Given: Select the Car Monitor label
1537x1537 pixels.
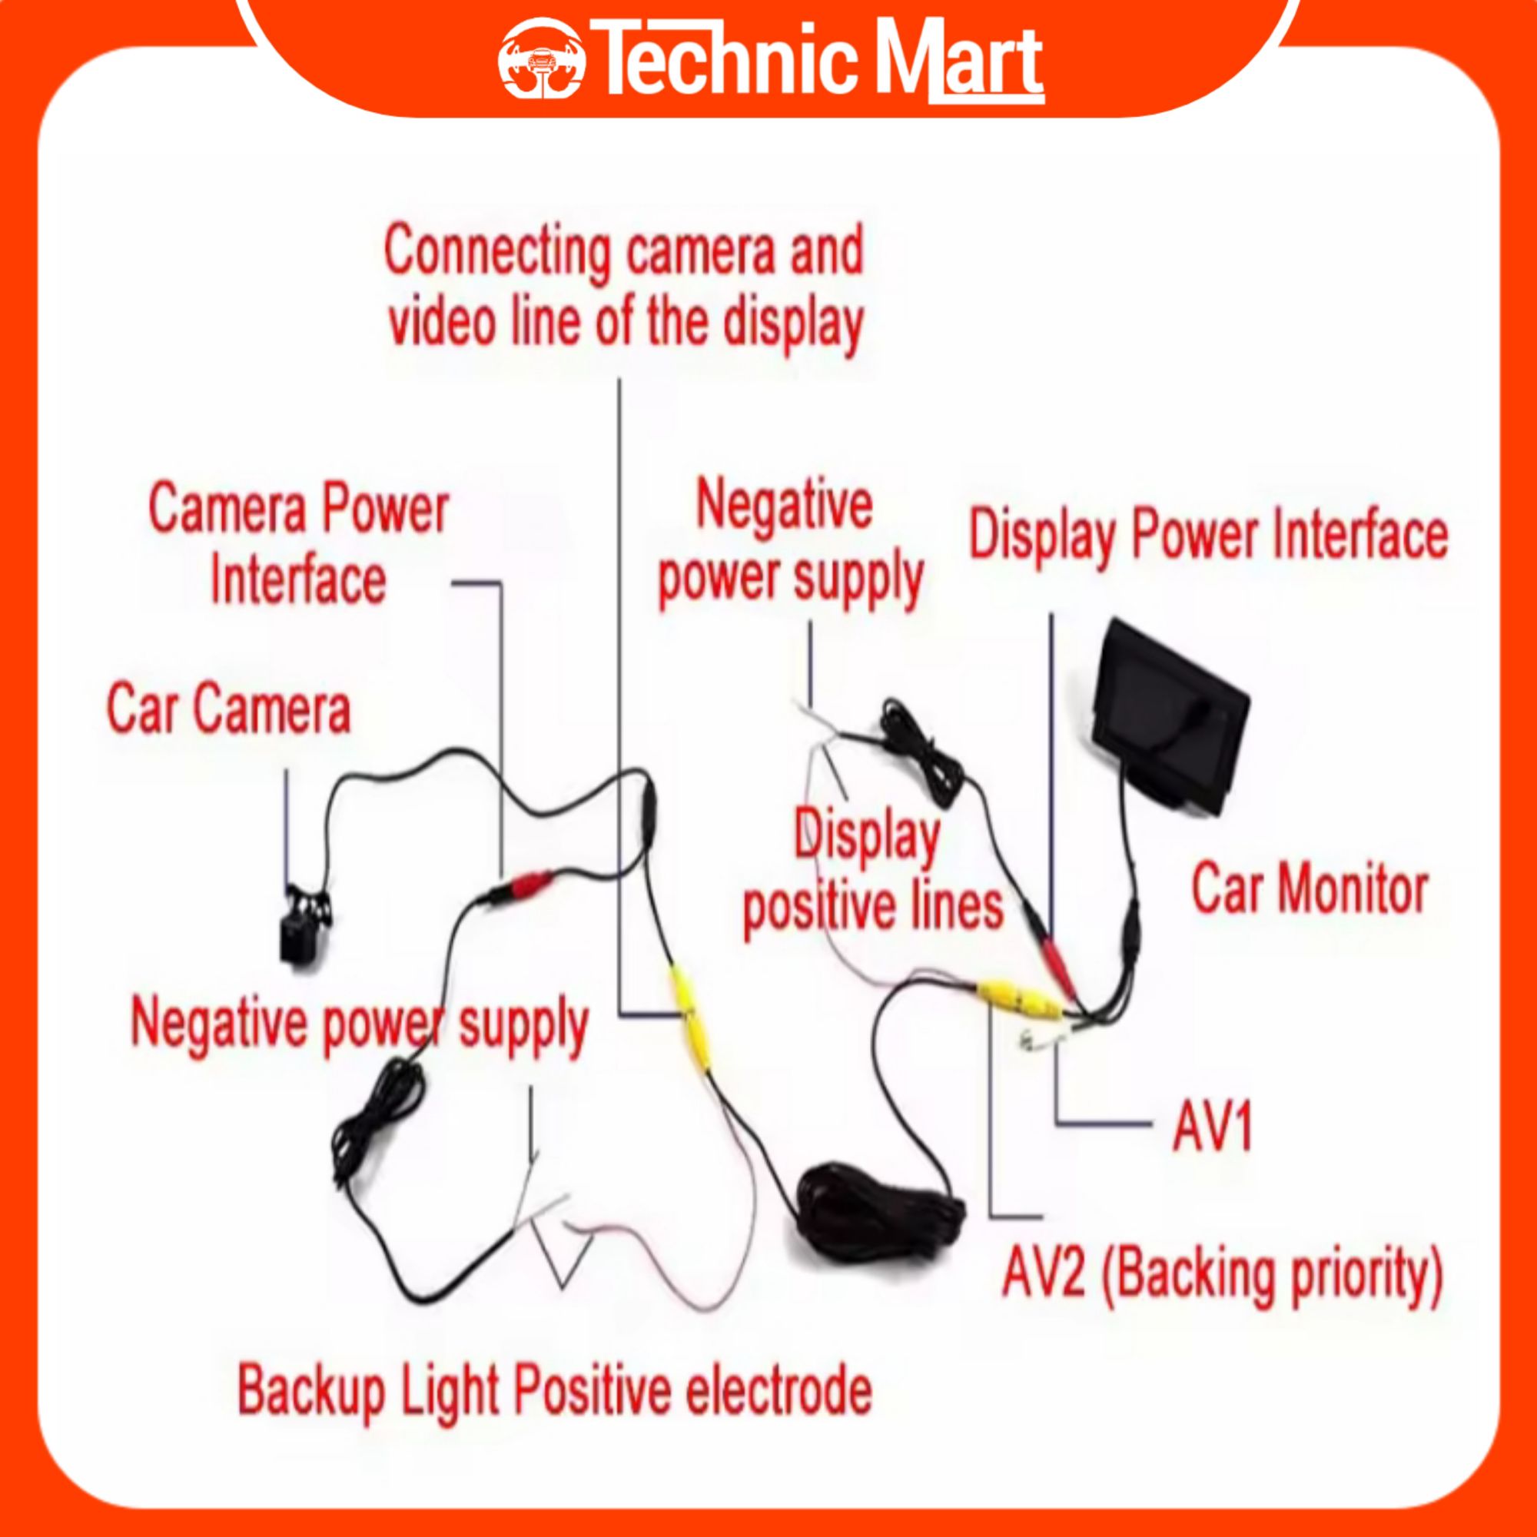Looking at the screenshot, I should click(1309, 888).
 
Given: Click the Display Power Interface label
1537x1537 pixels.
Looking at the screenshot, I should click(1207, 536).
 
